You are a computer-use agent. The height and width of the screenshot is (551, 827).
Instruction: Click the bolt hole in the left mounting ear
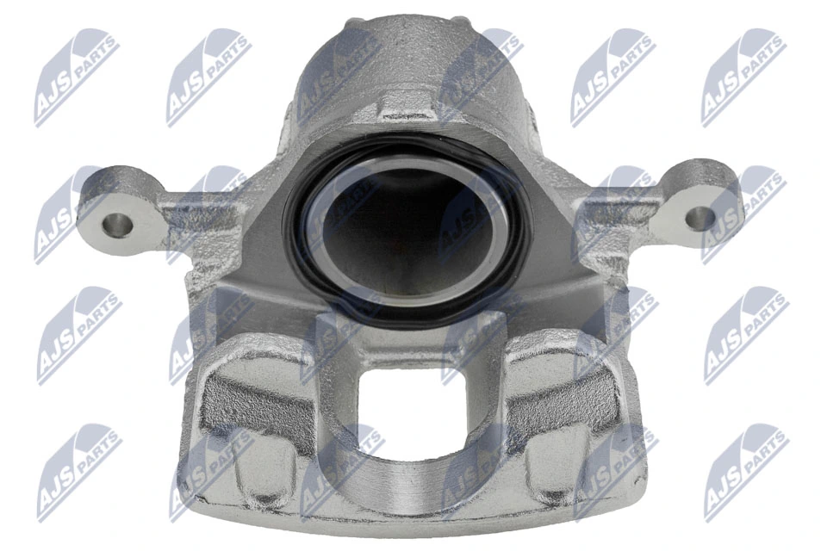118,226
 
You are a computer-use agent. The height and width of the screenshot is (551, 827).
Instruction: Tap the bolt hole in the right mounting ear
702,218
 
